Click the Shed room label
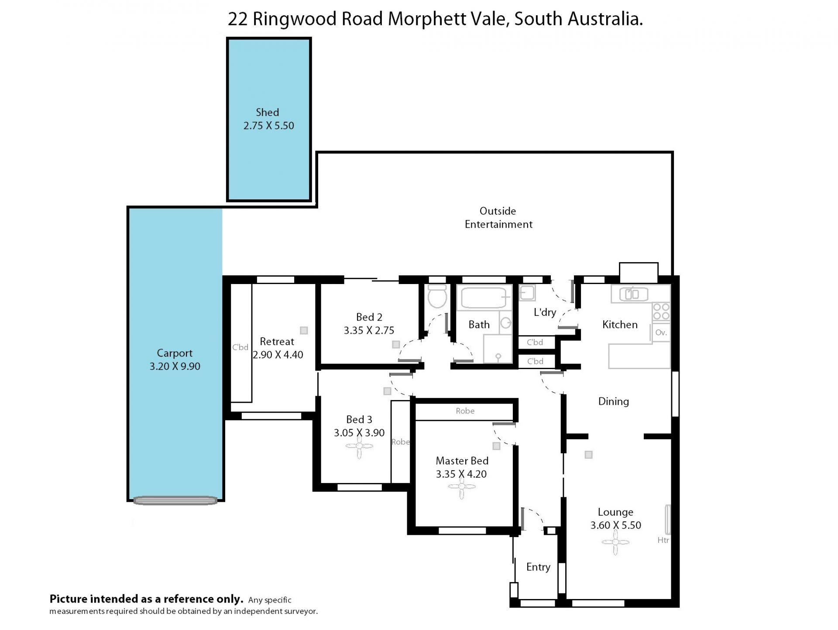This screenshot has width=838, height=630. click(267, 113)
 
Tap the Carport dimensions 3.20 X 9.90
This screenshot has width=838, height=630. click(175, 366)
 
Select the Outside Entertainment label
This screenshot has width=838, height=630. click(498, 218)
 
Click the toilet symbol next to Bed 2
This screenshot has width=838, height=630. click(437, 297)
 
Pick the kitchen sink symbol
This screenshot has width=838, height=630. click(632, 294)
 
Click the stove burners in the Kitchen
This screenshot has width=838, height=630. click(661, 312)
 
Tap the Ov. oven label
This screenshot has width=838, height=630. click(661, 332)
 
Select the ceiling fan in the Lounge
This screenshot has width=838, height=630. click(615, 542)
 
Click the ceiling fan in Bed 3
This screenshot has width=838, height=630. click(359, 446)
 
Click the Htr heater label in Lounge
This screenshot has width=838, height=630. click(663, 540)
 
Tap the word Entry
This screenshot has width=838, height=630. click(538, 567)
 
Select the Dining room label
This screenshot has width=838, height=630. click(613, 401)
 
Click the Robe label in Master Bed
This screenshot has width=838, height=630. click(465, 411)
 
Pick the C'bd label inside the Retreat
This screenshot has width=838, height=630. click(240, 347)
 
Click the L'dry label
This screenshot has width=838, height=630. click(545, 312)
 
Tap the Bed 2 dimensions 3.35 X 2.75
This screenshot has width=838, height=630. click(369, 331)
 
